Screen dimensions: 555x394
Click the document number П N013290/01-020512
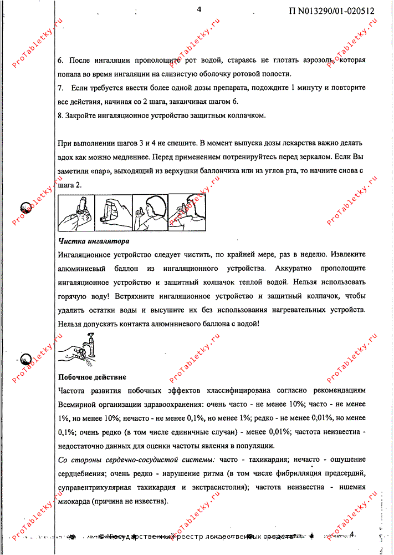pos(331,11)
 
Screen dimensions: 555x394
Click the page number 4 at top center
pos(199,8)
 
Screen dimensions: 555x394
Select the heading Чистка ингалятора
pos(94,242)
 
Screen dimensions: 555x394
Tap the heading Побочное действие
pos(92,377)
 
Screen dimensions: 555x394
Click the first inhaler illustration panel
pos(76,213)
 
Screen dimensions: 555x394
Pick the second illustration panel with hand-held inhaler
pos(113,211)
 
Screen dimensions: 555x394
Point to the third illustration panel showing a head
pos(150,211)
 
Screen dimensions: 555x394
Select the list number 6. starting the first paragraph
pos(61,59)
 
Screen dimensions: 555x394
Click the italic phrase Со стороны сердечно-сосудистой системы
pos(136,460)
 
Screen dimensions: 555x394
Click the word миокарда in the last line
pos(75,501)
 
